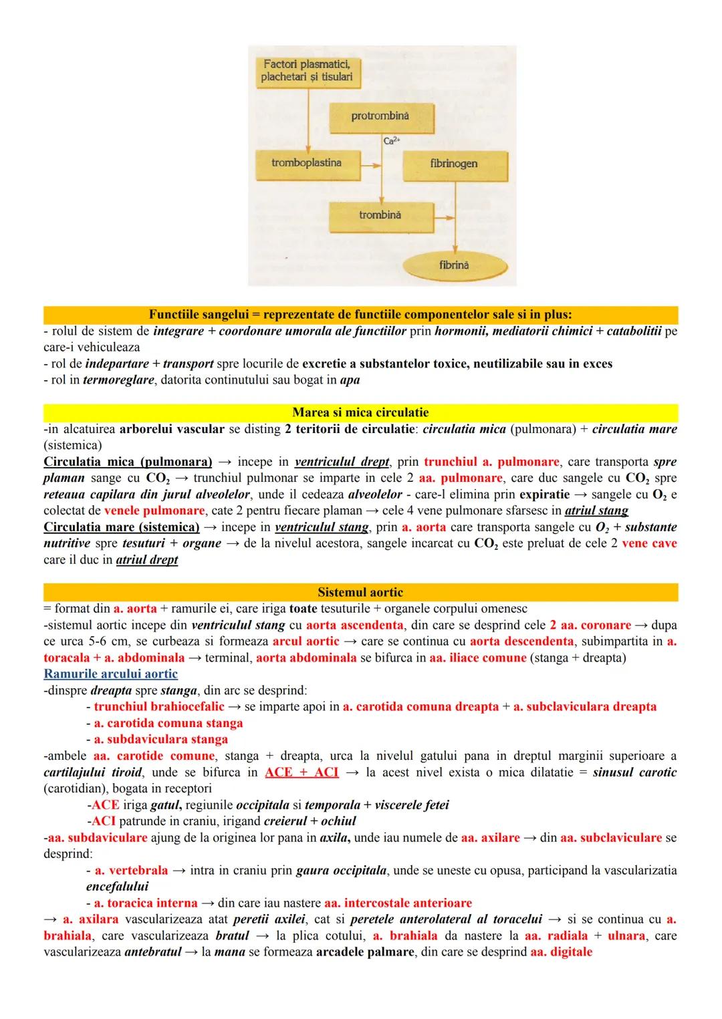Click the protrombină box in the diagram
pyautogui.click(x=380, y=116)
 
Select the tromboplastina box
pyautogui.click(x=307, y=163)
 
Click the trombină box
pyautogui.click(x=380, y=215)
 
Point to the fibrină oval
pyautogui.click(x=454, y=265)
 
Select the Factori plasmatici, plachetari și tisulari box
pyautogui.click(x=307, y=71)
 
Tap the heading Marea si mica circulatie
pyautogui.click(x=360, y=412)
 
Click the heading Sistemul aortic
pyautogui.click(x=360, y=592)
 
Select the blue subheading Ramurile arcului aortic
pyautogui.click(x=110, y=674)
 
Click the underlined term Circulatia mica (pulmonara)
pyautogui.click(x=127, y=462)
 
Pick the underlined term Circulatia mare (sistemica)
pyautogui.click(x=121, y=527)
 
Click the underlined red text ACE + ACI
pyautogui.click(x=302, y=772)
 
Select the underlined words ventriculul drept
pyautogui.click(x=342, y=462)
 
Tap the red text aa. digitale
pyautogui.click(x=561, y=952)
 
